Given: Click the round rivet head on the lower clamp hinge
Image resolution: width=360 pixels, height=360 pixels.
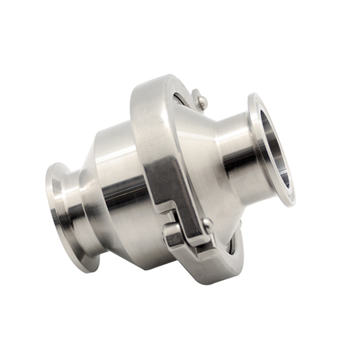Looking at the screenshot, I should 207,223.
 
